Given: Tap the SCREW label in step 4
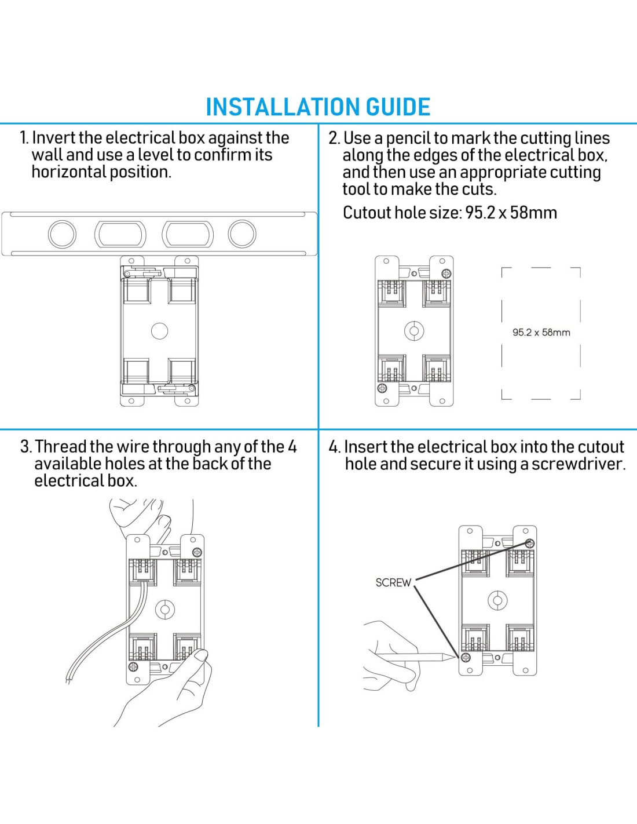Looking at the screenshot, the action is click(x=393, y=582).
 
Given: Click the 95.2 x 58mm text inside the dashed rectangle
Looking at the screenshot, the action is click(x=541, y=333).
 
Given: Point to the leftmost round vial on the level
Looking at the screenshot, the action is click(x=62, y=234).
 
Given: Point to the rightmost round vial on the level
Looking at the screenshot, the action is click(x=242, y=234).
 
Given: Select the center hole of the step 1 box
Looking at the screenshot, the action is click(x=159, y=331).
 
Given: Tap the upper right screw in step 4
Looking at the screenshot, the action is click(x=530, y=544).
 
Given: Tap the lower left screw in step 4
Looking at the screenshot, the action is click(x=466, y=657).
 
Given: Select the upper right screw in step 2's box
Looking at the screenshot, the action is click(x=447, y=274).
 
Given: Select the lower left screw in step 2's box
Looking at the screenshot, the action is click(x=382, y=388).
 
